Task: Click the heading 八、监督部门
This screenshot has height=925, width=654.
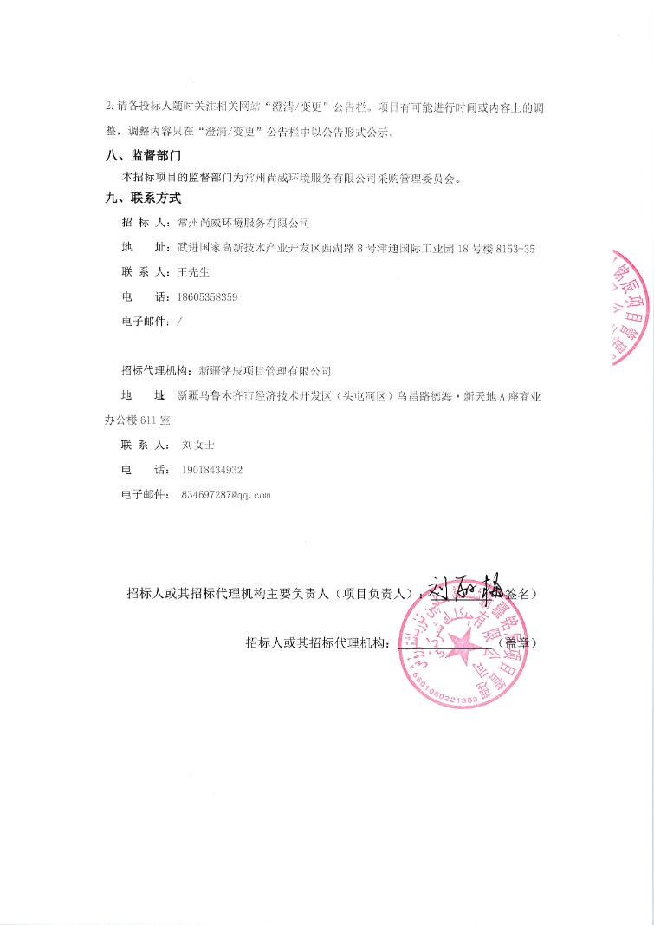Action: (142, 156)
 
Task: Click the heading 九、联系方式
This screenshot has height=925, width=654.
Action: (142, 199)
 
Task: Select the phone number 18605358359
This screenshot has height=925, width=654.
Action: (207, 297)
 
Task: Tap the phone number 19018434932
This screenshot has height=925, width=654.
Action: (212, 470)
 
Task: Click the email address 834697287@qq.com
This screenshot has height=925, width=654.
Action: (227, 495)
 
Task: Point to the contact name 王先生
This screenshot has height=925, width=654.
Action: (194, 272)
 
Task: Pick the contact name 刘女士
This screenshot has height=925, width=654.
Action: (198, 445)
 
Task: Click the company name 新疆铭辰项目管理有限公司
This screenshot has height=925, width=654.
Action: (265, 371)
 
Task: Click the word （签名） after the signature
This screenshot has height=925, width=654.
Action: (522, 595)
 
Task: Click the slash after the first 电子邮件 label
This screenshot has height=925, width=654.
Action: (178, 322)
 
